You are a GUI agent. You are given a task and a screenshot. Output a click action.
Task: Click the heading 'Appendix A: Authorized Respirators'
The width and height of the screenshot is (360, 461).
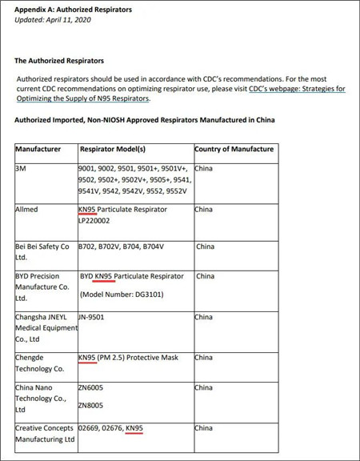click(x=74, y=10)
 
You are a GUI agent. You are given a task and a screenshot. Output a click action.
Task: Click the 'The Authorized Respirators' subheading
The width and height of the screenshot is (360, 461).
click(x=59, y=61)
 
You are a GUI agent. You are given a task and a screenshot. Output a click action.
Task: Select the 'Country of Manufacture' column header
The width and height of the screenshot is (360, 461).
click(x=234, y=150)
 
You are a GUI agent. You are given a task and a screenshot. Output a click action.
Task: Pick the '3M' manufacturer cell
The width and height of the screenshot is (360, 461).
click(x=21, y=169)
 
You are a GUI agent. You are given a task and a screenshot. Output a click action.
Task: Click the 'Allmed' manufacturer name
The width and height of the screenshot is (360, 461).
click(x=26, y=210)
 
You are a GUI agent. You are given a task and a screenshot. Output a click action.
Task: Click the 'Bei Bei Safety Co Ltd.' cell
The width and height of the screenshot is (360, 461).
click(x=42, y=252)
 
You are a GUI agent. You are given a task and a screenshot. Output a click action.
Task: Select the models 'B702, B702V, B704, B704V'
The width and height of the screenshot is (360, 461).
click(x=121, y=247)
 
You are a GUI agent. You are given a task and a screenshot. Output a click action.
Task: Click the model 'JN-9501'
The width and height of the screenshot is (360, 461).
click(x=94, y=317)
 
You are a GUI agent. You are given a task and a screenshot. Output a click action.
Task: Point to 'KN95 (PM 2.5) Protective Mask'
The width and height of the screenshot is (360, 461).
click(x=129, y=358)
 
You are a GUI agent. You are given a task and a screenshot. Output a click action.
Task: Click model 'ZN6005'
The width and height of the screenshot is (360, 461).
click(x=90, y=387)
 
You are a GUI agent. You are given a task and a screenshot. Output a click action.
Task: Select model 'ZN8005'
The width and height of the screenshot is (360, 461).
click(x=90, y=406)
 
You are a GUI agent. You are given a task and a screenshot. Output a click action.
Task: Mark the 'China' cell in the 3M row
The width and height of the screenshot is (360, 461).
click(x=204, y=169)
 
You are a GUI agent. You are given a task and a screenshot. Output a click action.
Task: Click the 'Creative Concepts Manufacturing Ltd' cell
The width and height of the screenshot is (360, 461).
click(x=45, y=433)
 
